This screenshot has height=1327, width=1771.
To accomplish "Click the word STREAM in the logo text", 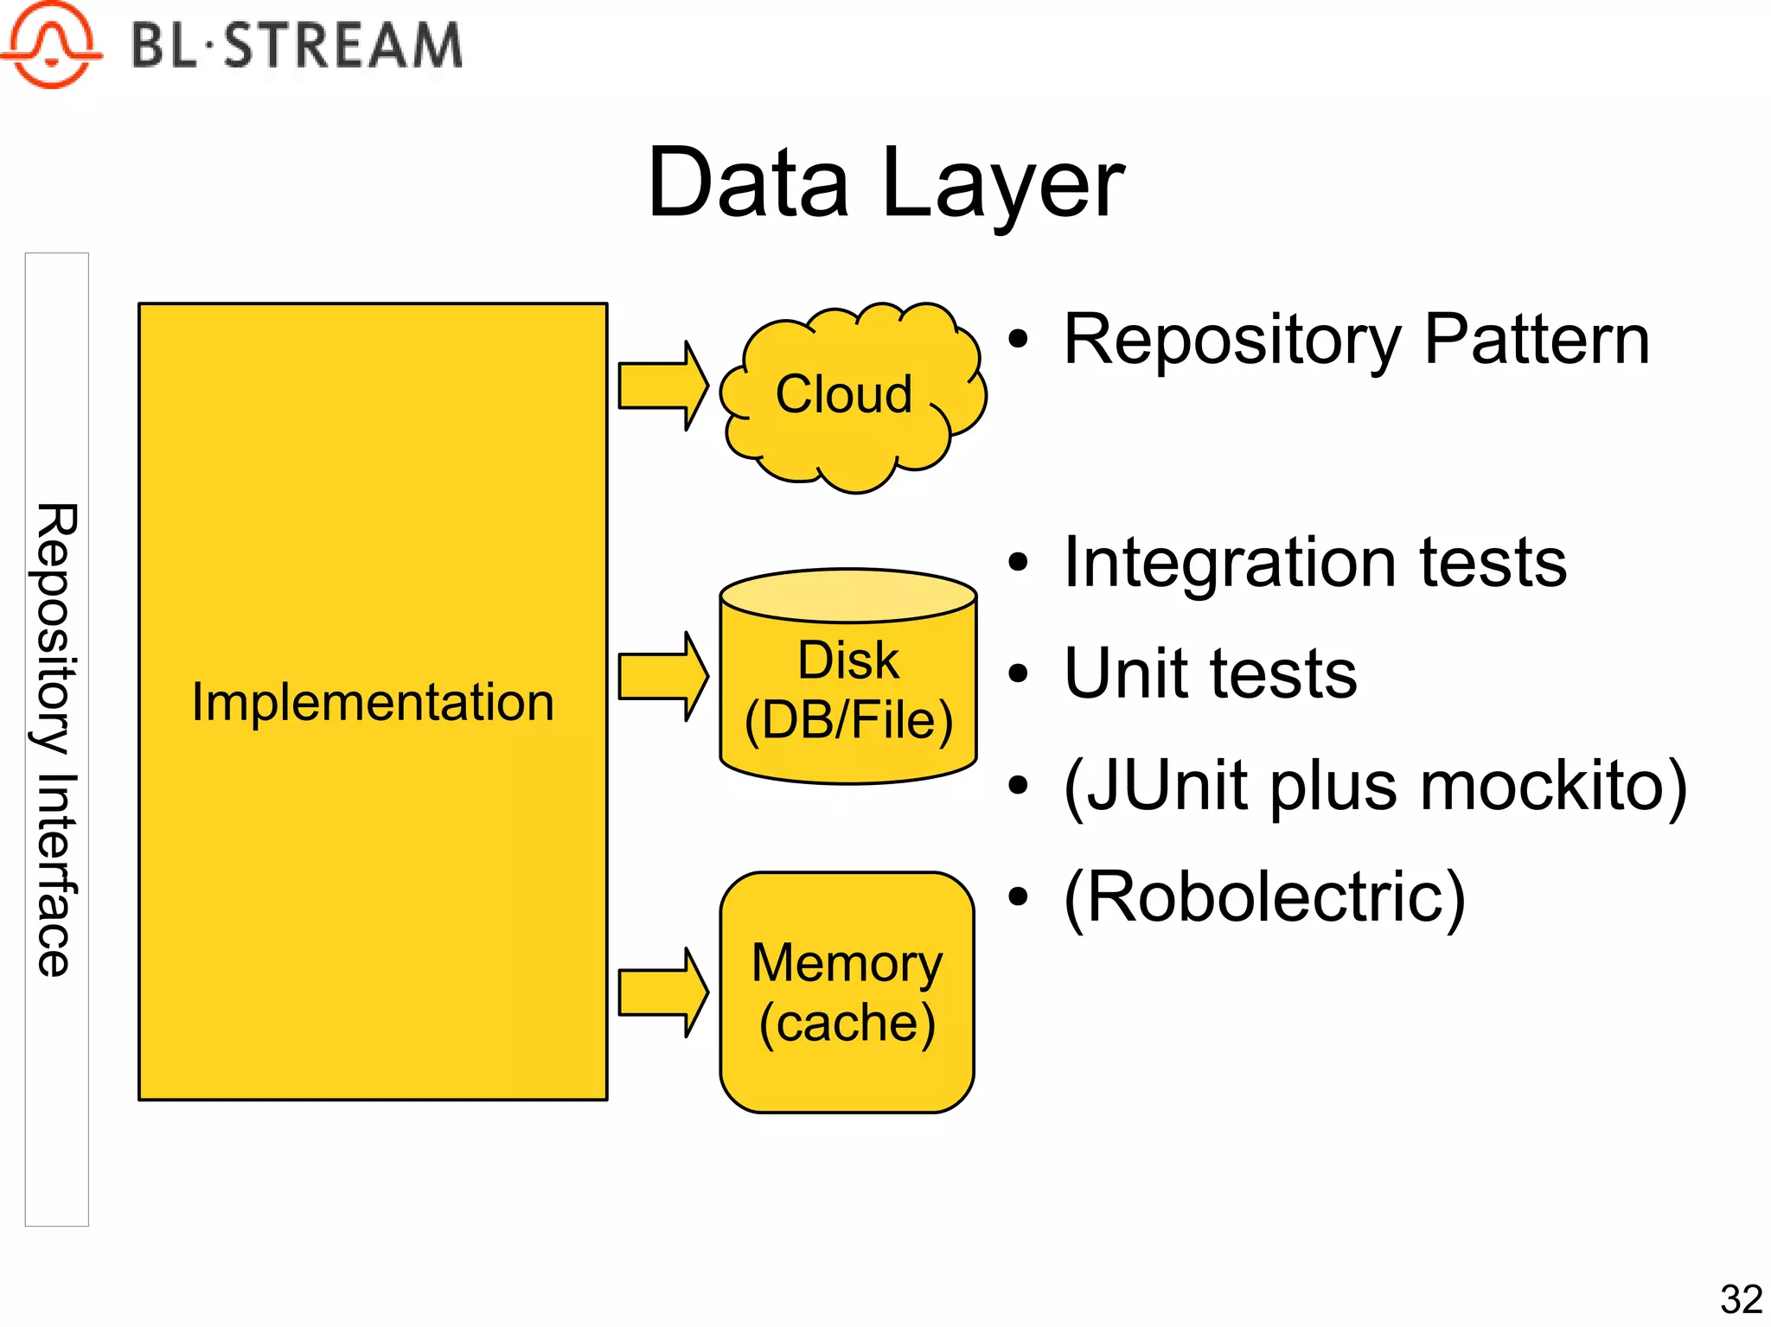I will [x=343, y=46].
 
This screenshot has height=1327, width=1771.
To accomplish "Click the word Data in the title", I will [x=749, y=182].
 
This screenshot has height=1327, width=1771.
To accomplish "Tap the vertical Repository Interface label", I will [x=57, y=739].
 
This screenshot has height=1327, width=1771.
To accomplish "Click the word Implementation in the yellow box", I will [x=373, y=701].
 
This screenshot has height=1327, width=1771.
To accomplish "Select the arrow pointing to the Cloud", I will [x=662, y=386].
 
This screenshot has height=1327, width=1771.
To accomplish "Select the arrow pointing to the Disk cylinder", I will [x=662, y=676].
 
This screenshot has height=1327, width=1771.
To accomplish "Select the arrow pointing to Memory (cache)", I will [x=662, y=992].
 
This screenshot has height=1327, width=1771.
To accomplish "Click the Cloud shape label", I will [x=843, y=394].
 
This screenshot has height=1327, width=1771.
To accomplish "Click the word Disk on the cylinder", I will [x=847, y=660].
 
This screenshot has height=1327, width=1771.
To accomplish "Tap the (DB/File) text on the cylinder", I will [x=848, y=720].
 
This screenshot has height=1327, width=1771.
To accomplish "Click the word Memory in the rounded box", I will [x=847, y=963].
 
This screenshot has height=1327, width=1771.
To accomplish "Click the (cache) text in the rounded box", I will [x=847, y=1024].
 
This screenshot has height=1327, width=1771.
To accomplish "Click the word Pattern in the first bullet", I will [x=1536, y=340].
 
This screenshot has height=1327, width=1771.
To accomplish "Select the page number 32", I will [x=1741, y=1299].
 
